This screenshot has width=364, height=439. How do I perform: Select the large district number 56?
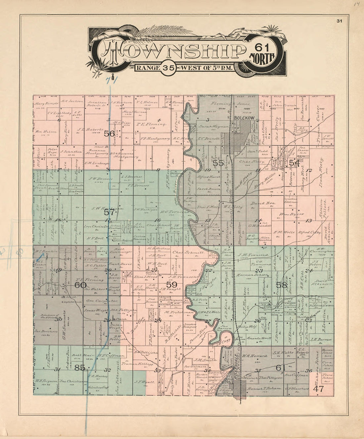pos(109,134)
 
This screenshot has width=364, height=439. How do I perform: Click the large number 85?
pos(80,367)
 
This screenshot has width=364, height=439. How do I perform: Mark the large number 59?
pos(171,284)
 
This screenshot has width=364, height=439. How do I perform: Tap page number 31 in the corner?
pos(339,21)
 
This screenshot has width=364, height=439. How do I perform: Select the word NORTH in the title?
pos(262,57)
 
